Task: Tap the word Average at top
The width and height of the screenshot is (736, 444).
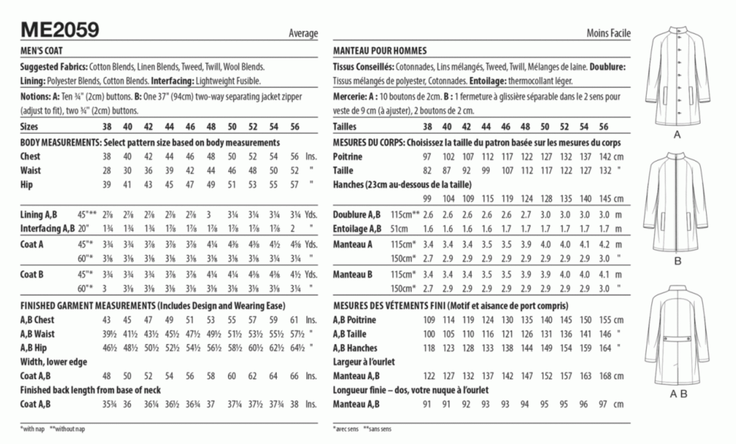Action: tap(303, 33)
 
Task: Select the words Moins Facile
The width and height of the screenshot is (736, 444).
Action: tap(608, 33)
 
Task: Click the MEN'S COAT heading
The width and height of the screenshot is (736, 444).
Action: tap(41, 51)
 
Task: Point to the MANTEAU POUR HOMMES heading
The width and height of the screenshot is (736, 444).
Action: tap(380, 51)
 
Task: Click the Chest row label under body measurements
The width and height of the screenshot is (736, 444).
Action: tap(30, 157)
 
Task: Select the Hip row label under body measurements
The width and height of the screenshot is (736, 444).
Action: tap(26, 185)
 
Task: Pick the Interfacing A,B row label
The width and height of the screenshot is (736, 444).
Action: tap(47, 229)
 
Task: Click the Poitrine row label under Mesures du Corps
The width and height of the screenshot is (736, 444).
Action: tap(347, 157)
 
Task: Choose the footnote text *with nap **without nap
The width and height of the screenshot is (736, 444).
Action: tap(52, 429)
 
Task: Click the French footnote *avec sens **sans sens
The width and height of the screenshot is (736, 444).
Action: tap(362, 429)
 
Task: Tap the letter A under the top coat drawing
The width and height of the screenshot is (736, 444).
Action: tap(677, 135)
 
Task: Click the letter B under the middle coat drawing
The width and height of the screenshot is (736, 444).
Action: tap(678, 261)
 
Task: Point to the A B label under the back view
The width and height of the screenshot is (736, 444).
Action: tap(678, 394)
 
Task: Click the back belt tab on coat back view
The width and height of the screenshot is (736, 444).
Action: tap(677, 338)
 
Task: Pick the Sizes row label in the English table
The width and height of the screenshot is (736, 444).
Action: tap(29, 127)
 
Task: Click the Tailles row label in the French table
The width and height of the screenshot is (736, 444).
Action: tap(344, 127)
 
